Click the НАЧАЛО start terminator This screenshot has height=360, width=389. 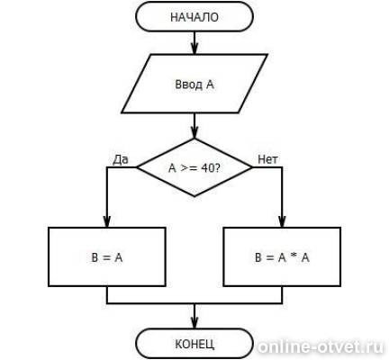[x=194, y=17]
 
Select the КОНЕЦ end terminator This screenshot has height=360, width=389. [x=194, y=344]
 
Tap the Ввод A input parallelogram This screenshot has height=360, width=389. [x=194, y=84]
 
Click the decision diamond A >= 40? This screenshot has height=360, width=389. [x=194, y=167]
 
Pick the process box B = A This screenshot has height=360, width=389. [x=107, y=256]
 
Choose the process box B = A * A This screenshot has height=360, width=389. [x=282, y=256]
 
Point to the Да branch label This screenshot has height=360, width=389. [x=121, y=160]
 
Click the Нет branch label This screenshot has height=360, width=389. [x=267, y=159]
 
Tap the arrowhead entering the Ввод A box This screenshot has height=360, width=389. [x=194, y=49]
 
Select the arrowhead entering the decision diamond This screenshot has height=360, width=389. [x=194, y=133]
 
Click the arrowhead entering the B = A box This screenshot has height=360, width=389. [x=107, y=222]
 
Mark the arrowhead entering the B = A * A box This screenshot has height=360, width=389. [x=282, y=222]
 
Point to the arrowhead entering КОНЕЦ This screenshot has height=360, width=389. [x=194, y=323]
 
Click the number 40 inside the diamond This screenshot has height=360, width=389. [x=207, y=168]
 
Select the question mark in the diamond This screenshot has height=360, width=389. [x=217, y=168]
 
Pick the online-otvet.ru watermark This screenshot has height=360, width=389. [x=321, y=347]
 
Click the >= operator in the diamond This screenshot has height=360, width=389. [x=189, y=168]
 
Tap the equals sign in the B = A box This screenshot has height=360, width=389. [x=106, y=257]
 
